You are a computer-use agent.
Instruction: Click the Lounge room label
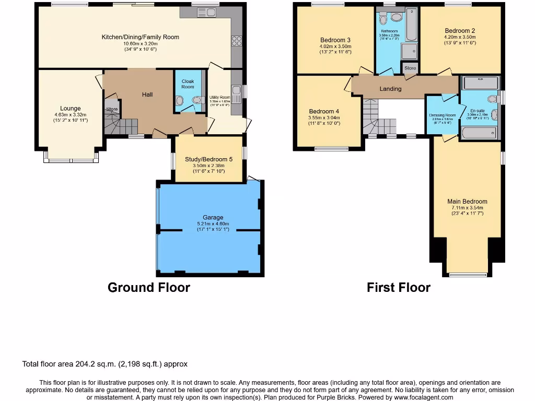(70, 109)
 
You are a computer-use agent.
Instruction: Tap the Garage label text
(213, 217)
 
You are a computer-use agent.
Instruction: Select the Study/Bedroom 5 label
(209, 160)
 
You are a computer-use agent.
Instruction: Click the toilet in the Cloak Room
(197, 100)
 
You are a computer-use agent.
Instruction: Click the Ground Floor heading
(149, 287)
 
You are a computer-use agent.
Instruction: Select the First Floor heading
(399, 287)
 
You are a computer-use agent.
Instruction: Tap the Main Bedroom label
(467, 201)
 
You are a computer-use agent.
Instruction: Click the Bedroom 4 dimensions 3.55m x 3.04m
(324, 118)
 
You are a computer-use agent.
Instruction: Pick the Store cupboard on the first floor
(410, 68)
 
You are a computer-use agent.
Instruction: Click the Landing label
(390, 89)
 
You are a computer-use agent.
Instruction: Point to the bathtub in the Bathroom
(412, 25)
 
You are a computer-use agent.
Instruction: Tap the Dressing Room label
(442, 115)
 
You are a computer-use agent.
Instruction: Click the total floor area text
(104, 364)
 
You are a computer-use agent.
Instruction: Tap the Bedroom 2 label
(460, 30)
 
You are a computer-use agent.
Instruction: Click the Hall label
(148, 95)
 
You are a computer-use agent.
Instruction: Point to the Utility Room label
(219, 97)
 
